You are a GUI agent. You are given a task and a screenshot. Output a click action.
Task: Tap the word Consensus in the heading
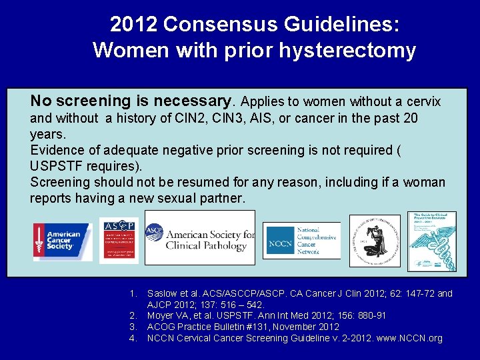tap(212, 24)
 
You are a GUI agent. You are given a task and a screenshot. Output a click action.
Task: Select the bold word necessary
tap(193, 101)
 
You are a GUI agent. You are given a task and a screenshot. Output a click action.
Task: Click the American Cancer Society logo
tap(63, 241)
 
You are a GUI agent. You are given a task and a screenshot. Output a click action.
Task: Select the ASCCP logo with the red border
tap(119, 240)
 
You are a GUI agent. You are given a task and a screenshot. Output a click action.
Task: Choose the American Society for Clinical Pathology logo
tap(200, 238)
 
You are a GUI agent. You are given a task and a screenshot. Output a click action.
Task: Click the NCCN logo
tap(301, 241)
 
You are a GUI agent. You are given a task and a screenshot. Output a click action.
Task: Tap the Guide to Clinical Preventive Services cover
tap(431, 241)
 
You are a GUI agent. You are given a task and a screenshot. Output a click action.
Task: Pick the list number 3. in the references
tap(133, 327)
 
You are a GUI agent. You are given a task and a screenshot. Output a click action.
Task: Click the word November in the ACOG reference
tap(294, 327)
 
